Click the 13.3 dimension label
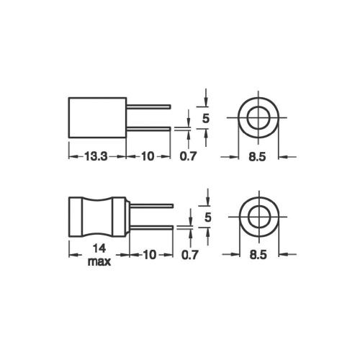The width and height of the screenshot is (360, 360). tap(96, 157)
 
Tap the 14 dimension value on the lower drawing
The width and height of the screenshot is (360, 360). tap(99, 248)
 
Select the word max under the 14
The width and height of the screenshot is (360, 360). tap(99, 261)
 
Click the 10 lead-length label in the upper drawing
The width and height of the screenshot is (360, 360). tap(148, 157)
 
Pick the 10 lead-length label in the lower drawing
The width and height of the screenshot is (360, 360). tap(149, 255)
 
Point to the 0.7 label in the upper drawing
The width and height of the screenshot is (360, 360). tap(188, 157)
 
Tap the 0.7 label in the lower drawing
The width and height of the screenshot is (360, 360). tap(190, 255)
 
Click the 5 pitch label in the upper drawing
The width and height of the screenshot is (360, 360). tap(206, 119)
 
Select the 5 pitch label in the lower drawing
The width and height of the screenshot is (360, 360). tap(208, 217)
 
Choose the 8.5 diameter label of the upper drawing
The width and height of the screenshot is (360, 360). tap(257, 157)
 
